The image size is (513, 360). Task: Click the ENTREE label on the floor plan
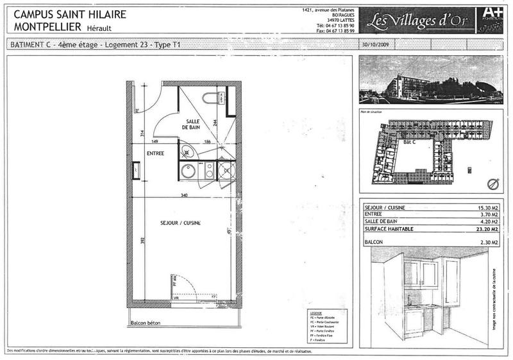click(156, 153)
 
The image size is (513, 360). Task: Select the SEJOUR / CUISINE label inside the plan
click(181, 223)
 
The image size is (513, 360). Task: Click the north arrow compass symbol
click(492, 184)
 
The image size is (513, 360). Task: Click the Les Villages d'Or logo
click(413, 21)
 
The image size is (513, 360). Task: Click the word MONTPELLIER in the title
click(44, 27)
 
